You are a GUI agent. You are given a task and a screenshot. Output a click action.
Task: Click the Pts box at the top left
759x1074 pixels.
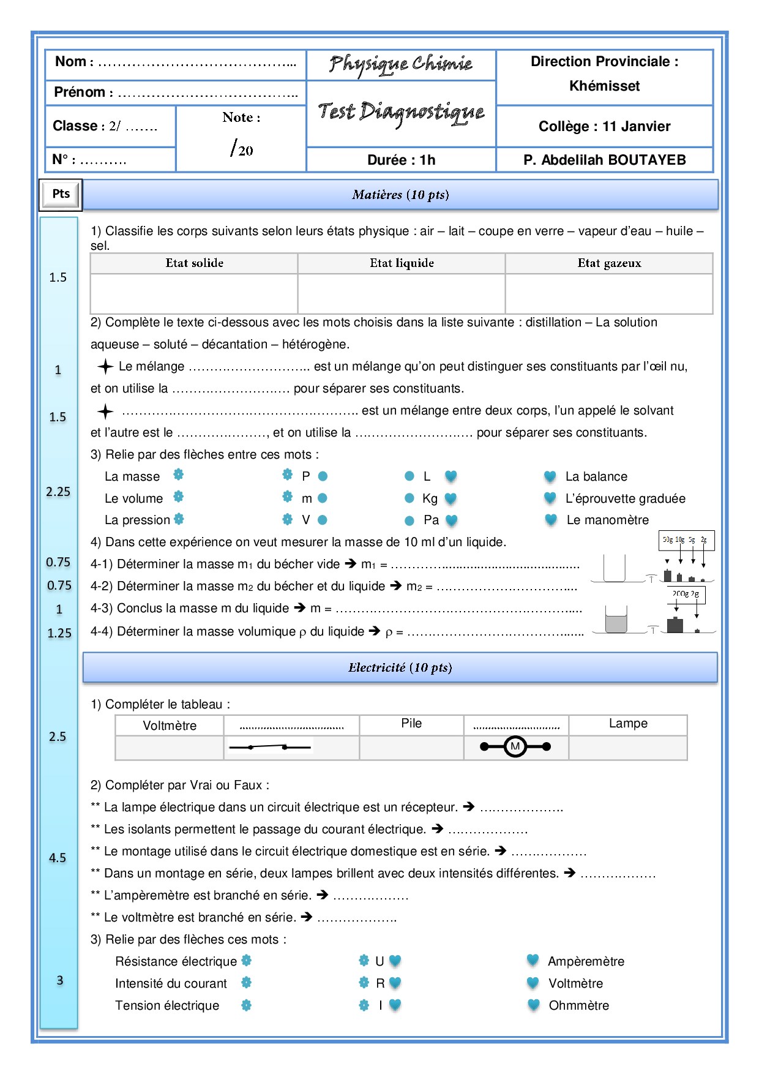tap(61, 194)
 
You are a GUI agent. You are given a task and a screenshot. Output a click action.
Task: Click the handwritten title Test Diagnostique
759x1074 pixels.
tap(401, 113)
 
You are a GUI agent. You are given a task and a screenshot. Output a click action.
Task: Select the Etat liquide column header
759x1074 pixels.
tap(402, 263)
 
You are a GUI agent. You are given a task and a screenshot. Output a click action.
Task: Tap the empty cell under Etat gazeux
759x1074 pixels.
tap(609, 294)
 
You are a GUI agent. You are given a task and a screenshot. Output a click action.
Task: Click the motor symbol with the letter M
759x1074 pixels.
tap(515, 746)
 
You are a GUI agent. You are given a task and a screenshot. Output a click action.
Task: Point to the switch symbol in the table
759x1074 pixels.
tap(269, 747)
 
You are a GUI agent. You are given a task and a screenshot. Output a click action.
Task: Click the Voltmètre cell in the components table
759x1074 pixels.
tap(170, 726)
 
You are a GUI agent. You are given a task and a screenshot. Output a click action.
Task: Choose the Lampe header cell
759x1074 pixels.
tap(628, 724)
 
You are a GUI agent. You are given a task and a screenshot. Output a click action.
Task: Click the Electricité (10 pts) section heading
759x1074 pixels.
tap(400, 667)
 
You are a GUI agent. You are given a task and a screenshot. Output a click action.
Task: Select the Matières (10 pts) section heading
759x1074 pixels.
tap(400, 195)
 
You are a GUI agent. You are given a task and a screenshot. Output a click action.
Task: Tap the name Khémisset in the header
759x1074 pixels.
tap(604, 86)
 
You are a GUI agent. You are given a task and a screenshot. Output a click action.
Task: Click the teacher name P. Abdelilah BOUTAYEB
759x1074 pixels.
tap(604, 160)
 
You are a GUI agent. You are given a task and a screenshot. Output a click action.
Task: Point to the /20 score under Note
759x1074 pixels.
tap(242, 149)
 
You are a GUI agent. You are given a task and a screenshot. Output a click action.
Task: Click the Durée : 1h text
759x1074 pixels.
tap(401, 160)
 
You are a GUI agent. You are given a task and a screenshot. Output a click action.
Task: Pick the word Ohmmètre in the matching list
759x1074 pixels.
tap(579, 1005)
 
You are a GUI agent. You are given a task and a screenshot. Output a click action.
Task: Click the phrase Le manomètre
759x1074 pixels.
tap(607, 520)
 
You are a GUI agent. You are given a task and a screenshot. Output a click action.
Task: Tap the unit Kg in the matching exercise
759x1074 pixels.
tap(430, 498)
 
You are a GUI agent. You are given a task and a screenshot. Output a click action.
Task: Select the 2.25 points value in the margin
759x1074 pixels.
tap(58, 492)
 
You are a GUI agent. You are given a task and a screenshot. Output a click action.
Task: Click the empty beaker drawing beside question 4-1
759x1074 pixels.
tap(614, 568)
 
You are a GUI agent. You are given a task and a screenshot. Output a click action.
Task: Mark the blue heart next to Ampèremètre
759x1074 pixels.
tap(533, 960)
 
